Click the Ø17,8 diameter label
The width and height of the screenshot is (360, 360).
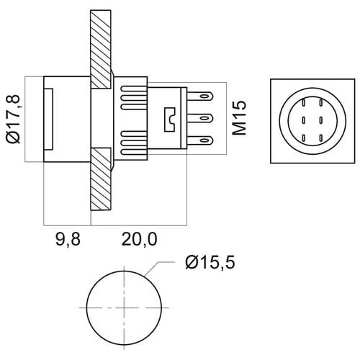(14, 120)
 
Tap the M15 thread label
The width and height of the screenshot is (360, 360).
(239, 117)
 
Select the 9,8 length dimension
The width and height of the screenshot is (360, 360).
(68, 240)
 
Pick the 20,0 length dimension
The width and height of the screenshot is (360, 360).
(139, 240)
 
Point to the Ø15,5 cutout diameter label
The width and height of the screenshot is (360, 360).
(210, 262)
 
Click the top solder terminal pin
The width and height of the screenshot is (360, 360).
(200, 96)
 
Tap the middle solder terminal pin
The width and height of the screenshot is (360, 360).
(200, 118)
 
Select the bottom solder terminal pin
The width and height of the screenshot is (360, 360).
(200, 140)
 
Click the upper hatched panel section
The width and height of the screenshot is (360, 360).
(101, 49)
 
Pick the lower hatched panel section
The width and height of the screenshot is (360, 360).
(102, 179)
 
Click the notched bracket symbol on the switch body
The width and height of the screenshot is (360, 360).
(170, 120)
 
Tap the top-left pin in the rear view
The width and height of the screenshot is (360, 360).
(304, 102)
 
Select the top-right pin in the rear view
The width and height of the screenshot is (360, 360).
(320, 102)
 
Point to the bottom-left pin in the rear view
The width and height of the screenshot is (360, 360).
(304, 138)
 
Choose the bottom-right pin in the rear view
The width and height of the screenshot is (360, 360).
(320, 138)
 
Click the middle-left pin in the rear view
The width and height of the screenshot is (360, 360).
(304, 120)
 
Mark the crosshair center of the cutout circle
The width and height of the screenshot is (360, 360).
(124, 307)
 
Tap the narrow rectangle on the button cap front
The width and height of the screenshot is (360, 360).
(48, 120)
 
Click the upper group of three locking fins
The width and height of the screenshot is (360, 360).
(134, 98)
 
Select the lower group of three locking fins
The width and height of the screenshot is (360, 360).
(134, 143)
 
